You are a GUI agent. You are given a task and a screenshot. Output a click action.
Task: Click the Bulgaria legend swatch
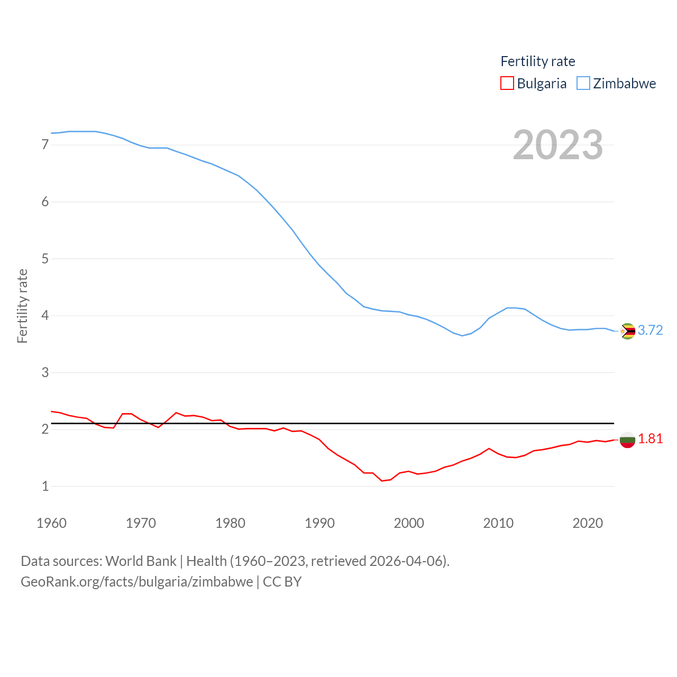[x=507, y=84]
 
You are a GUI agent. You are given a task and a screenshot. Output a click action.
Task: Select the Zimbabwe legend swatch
[x=583, y=84]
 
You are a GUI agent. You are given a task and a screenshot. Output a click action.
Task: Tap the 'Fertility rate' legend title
[x=537, y=61]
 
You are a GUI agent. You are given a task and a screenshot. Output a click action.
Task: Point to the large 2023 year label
[x=558, y=145]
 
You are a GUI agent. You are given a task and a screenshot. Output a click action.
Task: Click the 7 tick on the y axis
[x=45, y=144]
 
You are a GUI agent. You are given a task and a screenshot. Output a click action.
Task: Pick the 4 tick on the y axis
[x=45, y=316]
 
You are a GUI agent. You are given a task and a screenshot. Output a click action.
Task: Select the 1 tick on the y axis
[x=45, y=486]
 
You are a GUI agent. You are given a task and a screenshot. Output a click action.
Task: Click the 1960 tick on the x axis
[x=51, y=523]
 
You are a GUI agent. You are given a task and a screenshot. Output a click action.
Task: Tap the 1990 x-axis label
[x=319, y=523]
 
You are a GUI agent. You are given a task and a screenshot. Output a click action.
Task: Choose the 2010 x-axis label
[x=498, y=523]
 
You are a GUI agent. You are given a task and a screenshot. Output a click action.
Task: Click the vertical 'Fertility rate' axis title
[x=22, y=306]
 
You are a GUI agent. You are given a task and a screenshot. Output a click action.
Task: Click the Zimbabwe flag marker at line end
[x=627, y=331]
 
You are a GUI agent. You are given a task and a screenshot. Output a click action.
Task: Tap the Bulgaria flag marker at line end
[x=627, y=440]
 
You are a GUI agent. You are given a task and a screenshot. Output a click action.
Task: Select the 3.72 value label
[x=650, y=330]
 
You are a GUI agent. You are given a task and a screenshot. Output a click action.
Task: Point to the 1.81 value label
[x=650, y=438]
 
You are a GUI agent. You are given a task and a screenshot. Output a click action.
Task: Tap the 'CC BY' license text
[x=282, y=582]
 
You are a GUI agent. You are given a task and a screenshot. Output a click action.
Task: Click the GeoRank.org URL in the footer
[x=137, y=582]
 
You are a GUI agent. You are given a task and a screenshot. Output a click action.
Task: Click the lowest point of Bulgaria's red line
[x=382, y=481]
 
